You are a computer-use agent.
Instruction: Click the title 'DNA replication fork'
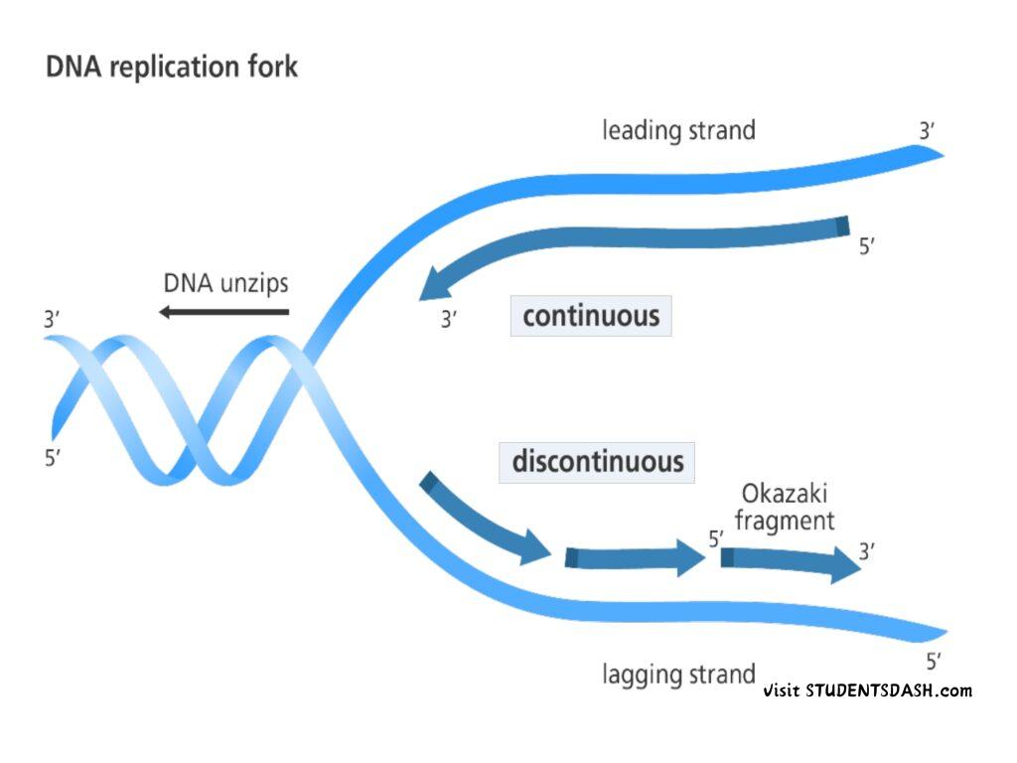pyautogui.click(x=172, y=69)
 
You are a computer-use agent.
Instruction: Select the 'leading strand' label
pyautogui.click(x=678, y=130)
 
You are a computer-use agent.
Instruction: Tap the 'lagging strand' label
pyautogui.click(x=678, y=675)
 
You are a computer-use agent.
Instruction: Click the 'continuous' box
pyautogui.click(x=591, y=317)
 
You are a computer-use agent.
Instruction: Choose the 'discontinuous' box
pyautogui.click(x=597, y=462)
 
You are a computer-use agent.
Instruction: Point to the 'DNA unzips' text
pyautogui.click(x=225, y=283)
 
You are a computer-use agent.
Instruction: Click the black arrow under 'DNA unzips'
pyautogui.click(x=223, y=313)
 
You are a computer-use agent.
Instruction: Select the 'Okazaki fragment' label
pyautogui.click(x=785, y=507)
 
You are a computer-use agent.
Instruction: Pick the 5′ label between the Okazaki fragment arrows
pyautogui.click(x=715, y=539)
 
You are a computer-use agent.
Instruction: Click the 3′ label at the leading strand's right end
pyautogui.click(x=927, y=130)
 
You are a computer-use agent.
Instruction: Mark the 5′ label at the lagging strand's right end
pyautogui.click(x=933, y=661)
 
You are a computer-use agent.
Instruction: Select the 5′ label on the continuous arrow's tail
pyautogui.click(x=866, y=246)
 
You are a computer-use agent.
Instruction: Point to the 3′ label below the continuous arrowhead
pyautogui.click(x=449, y=320)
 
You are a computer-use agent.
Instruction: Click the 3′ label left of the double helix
pyautogui.click(x=53, y=321)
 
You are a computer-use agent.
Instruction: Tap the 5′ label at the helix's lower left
pyautogui.click(x=53, y=460)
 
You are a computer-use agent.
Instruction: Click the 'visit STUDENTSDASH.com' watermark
pyautogui.click(x=868, y=690)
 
